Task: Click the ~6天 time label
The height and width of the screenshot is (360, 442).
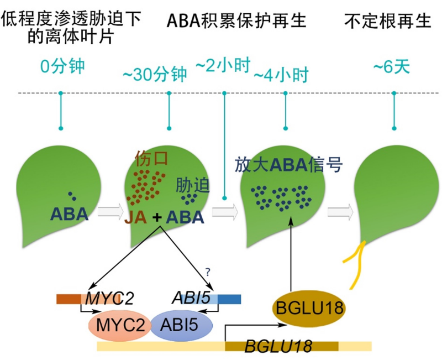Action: (392, 67)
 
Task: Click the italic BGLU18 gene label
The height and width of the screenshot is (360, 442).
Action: (278, 347)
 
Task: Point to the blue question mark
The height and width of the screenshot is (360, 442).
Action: (208, 272)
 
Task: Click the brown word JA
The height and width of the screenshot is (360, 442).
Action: (135, 217)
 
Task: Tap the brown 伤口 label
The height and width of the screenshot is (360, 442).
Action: (151, 159)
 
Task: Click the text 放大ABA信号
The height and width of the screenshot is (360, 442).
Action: (289, 165)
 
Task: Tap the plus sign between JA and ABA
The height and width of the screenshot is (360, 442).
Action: (157, 217)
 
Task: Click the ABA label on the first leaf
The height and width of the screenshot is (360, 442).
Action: (70, 214)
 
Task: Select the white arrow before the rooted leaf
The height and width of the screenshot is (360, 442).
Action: (340, 211)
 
